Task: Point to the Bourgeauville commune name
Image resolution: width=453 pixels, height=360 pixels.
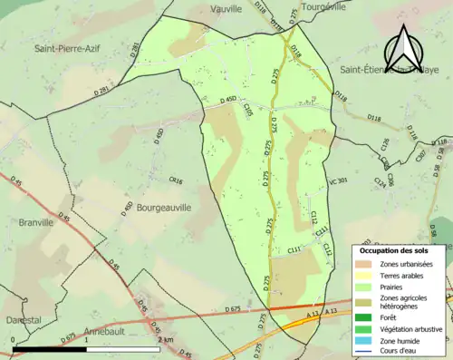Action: (x=164, y=208)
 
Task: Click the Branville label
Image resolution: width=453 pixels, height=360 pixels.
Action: (x=35, y=222)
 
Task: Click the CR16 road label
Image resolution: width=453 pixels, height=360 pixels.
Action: (x=176, y=181)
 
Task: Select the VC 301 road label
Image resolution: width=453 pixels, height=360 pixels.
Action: (x=338, y=181)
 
